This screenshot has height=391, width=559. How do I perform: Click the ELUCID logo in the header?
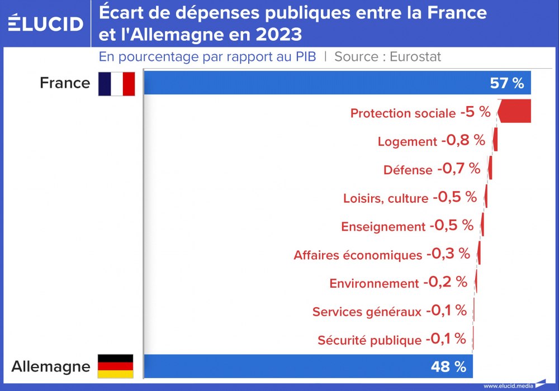(46, 23)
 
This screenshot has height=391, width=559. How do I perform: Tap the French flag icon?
(117, 84)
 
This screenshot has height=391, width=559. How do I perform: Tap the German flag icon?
(116, 366)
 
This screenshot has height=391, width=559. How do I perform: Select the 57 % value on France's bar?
(506, 83)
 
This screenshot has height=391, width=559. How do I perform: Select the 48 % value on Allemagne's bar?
(448, 366)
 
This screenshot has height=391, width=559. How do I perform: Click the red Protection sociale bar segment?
(515, 111)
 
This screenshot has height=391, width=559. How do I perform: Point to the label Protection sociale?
(402, 113)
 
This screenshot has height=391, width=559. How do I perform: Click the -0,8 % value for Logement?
(463, 140)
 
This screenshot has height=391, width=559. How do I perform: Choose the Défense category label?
(408, 170)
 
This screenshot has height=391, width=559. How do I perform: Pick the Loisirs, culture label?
(385, 198)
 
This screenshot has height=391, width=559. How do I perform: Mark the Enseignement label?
(383, 227)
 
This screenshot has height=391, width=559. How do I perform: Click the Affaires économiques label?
(358, 255)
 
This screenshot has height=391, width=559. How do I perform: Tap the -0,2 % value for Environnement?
(444, 282)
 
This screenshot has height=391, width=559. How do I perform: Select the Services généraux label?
(367, 312)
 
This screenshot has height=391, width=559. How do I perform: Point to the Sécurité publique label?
(369, 340)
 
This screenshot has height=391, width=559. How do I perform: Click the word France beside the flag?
(65, 83)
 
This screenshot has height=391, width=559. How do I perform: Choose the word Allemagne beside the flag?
(51, 366)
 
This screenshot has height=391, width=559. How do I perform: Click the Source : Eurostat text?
(387, 56)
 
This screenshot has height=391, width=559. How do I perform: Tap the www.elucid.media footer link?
(508, 385)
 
